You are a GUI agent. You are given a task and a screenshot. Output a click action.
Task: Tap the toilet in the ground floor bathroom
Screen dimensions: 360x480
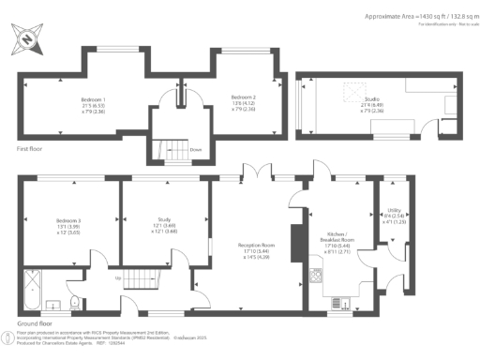[x=74, y=303]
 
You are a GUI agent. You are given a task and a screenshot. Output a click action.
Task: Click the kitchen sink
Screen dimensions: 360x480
[x=341, y=302]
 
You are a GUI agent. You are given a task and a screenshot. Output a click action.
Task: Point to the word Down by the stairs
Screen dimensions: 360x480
[x=196, y=149]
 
